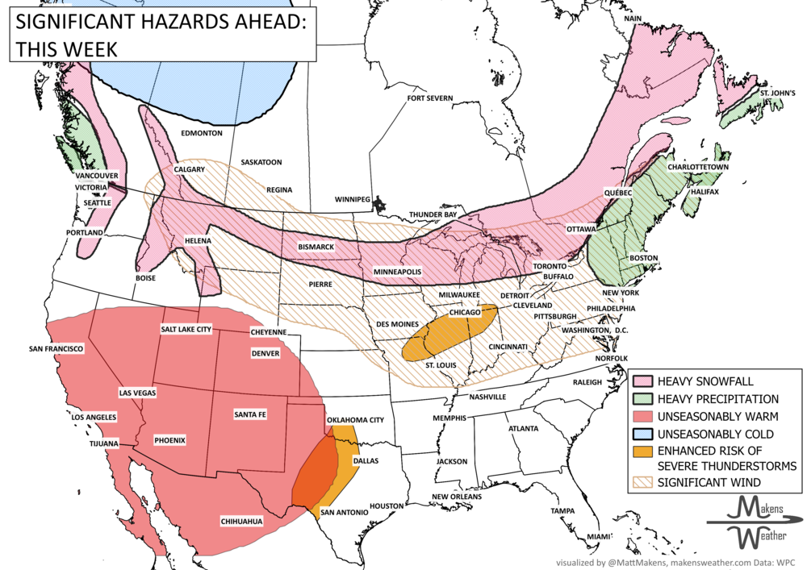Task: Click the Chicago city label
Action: [x=464, y=312]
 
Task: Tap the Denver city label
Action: [x=266, y=353]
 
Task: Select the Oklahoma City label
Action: [x=354, y=420]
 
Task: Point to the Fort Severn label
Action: [x=430, y=98]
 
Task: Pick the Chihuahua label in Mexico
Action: [x=242, y=522]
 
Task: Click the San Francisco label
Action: [x=56, y=348]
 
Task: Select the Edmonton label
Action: [x=202, y=132]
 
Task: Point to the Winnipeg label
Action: [x=352, y=198]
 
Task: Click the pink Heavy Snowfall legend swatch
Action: [x=642, y=381]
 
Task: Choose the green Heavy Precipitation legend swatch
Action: [x=642, y=399]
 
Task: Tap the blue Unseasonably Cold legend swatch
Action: [x=642, y=435]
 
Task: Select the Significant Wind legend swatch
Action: [x=642, y=482]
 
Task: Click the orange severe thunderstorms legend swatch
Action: [x=642, y=451]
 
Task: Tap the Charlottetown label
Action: [x=699, y=167]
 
